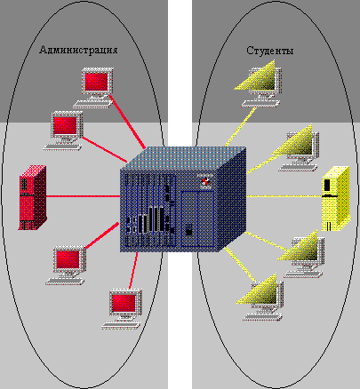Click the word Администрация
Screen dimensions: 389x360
(x=79, y=51)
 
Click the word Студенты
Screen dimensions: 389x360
(x=270, y=51)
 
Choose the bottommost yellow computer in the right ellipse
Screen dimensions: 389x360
(x=263, y=294)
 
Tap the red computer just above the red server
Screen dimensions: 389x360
(x=67, y=126)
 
